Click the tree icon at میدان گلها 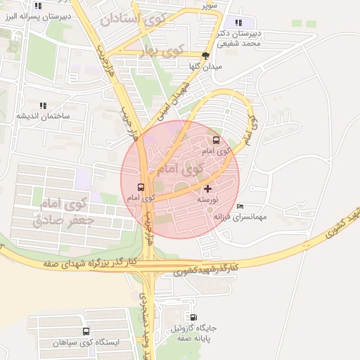205,56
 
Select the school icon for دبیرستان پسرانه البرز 38,6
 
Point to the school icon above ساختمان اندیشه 43,105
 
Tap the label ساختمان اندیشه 43,115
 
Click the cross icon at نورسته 207,188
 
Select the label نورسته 209,200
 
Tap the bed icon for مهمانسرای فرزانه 241,206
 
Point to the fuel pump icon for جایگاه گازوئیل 193,317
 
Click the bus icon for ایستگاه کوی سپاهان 86,331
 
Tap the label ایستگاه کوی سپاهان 86,342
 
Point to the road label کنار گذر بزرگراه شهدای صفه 89,263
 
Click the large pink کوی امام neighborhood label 181,169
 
